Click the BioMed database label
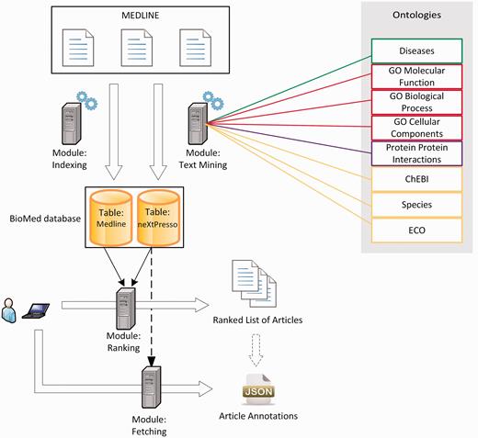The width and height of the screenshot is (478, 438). click(x=43, y=219)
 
